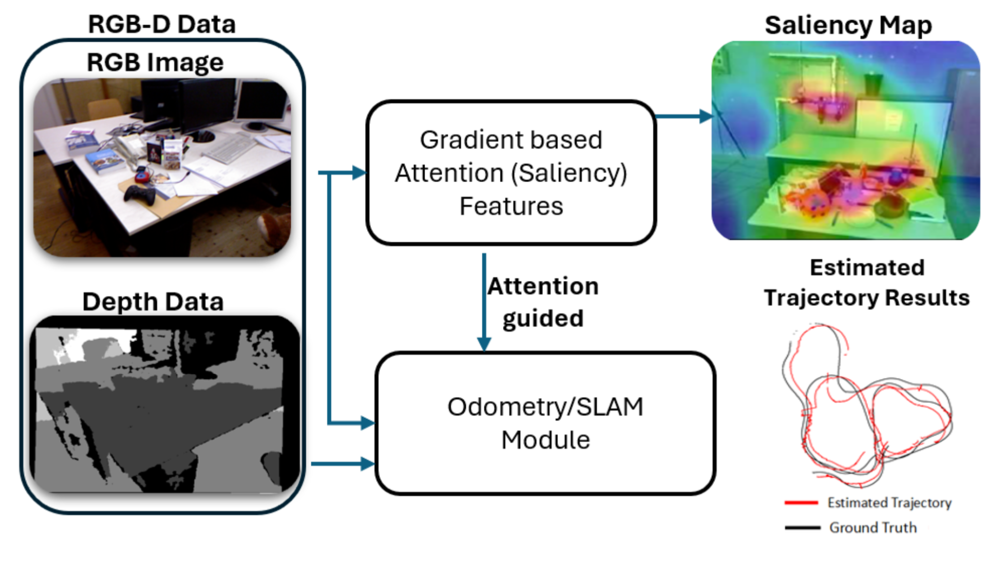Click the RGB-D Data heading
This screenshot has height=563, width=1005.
click(162, 24)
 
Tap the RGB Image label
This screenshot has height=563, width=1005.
click(155, 62)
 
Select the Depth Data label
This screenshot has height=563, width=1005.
click(153, 301)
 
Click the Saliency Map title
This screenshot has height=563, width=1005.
click(848, 25)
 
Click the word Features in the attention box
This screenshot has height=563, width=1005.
click(511, 206)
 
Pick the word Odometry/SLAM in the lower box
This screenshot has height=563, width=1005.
click(545, 407)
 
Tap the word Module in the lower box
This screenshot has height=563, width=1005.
click(545, 440)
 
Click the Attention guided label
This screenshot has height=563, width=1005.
click(543, 302)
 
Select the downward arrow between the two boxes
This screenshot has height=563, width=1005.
click(484, 302)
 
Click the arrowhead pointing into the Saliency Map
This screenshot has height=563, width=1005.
click(705, 116)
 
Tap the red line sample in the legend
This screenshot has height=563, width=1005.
click(801, 502)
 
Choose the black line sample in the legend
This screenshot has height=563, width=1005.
click(803, 527)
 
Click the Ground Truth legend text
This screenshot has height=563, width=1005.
click(873, 527)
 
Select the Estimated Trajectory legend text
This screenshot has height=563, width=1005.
click(889, 503)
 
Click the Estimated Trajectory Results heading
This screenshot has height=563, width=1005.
click(867, 282)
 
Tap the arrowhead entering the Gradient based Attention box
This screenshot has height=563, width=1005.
click(359, 173)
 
